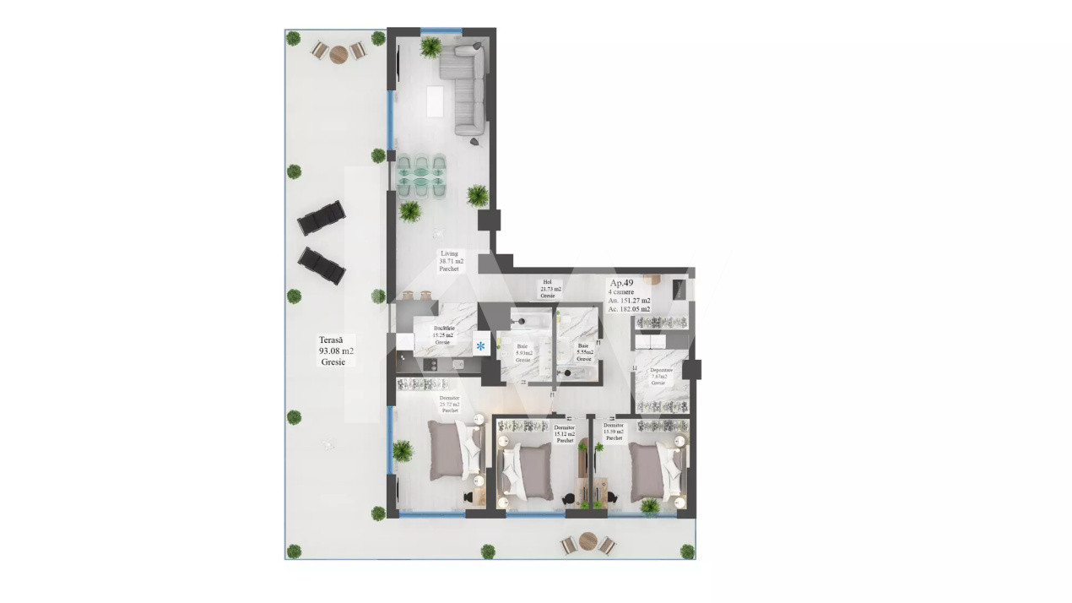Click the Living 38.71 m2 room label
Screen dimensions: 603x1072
[x=449, y=262]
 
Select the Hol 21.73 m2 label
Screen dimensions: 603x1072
[x=547, y=290]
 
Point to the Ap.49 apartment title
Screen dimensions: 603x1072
[x=621, y=283]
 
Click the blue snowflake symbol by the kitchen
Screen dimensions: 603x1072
[x=481, y=346]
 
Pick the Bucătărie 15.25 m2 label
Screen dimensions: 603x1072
[x=444, y=334]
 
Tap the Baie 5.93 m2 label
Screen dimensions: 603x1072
[x=524, y=353]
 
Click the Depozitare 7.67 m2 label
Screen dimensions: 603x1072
[x=662, y=377]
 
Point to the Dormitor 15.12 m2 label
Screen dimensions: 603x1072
[x=565, y=434]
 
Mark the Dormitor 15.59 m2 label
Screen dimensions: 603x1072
[x=613, y=432]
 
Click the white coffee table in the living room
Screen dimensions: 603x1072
[x=436, y=101]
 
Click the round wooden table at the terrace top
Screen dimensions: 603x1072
[x=338, y=54]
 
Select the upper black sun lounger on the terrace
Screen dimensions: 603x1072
[x=321, y=218]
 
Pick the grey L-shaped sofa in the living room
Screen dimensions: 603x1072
[x=467, y=89]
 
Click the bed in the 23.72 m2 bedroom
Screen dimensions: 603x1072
[x=452, y=449]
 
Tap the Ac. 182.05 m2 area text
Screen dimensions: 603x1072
[x=629, y=309]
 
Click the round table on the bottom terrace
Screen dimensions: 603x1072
[x=588, y=543]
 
